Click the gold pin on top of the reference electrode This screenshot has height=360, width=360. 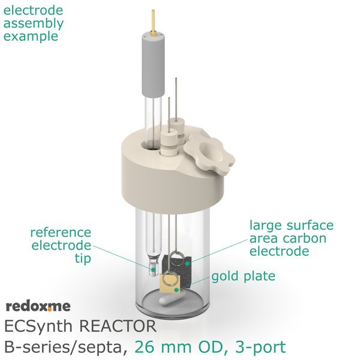tap(153, 23)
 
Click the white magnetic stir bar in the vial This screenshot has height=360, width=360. tap(170, 299)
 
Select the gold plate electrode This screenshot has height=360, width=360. tap(170, 284)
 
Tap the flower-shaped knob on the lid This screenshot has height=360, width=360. tap(209, 154)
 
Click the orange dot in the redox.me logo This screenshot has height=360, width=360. tap(50, 310)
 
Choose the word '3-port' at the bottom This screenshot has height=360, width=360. tap(260, 347)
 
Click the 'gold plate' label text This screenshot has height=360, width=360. tap(244, 276)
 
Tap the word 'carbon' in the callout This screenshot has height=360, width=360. tap(304, 238)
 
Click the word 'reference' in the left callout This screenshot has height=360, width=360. tap(61, 233)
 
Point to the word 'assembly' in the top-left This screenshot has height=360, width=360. tap(34, 24)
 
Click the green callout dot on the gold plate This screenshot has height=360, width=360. tap(176, 290)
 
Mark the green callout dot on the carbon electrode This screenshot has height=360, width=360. tap(187, 263)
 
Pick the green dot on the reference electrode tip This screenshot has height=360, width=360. tap(153, 269)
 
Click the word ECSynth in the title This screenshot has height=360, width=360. tap(38, 326)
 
